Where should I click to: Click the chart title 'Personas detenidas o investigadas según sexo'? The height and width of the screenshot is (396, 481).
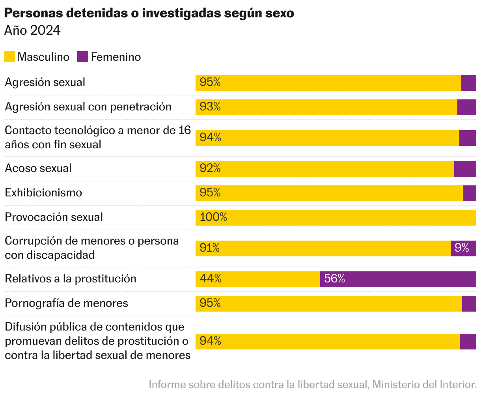coord(149,13)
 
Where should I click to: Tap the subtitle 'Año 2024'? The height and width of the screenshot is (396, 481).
coord(32,31)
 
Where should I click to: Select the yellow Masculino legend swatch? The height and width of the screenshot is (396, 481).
coord(9,57)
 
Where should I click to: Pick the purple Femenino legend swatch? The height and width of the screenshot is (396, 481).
coord(83,57)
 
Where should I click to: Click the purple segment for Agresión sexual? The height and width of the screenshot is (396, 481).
coord(469,83)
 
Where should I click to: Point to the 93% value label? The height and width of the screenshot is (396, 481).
coord(210,107)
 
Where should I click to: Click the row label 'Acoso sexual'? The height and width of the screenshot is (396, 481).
coord(38,168)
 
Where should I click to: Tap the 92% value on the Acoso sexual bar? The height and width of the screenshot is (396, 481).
coord(210,168)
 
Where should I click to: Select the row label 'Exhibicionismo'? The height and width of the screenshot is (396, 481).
coord(43,193)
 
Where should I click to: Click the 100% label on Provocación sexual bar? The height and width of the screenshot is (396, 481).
coord(213,217)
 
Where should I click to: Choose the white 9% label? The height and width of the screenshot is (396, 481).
coord(462,248)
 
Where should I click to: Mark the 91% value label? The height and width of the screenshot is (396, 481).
coord(210,248)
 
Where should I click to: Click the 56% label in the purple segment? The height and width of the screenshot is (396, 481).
coord(334,279)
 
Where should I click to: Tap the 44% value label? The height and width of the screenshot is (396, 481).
coord(211,279)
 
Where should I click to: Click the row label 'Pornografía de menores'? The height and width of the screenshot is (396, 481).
coord(66,303)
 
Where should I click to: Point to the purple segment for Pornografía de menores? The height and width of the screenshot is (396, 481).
coord(469,304)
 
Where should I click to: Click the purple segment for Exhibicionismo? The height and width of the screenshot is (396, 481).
coord(470,193)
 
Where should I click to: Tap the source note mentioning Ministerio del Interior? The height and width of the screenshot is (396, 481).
coord(313,384)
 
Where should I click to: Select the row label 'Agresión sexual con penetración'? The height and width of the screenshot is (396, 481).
coord(88,107)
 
